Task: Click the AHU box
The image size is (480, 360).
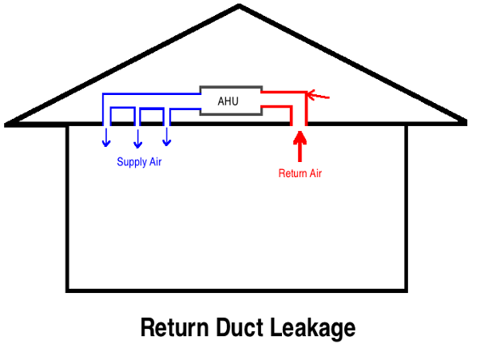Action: tap(229, 100)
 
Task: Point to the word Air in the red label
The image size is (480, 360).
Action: tap(316, 172)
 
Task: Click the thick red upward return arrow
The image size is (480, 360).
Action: tap(300, 147)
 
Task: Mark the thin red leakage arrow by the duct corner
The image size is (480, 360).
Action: tap(319, 97)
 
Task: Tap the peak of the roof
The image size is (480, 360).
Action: tap(240, 7)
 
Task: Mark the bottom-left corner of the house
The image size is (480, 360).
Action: tap(69, 289)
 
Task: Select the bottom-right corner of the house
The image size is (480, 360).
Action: tap(407, 289)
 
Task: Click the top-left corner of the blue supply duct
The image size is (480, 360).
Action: tap(103, 95)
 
